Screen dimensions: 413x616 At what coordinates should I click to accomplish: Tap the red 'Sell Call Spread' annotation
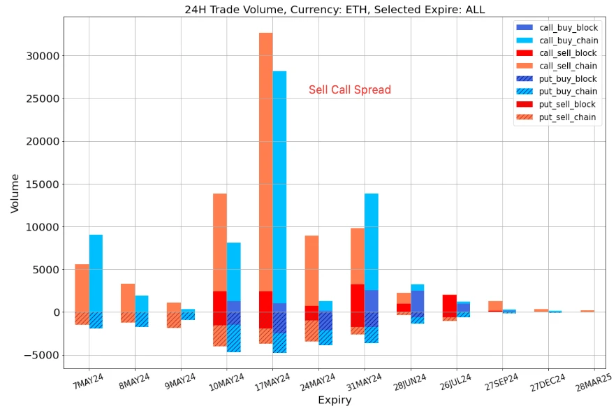tap(350, 89)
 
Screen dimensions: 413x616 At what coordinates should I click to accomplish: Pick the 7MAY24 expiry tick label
tap(87, 382)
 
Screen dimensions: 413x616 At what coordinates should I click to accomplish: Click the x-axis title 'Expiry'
tap(335, 400)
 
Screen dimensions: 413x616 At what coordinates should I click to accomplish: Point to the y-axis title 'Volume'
tap(15, 193)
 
